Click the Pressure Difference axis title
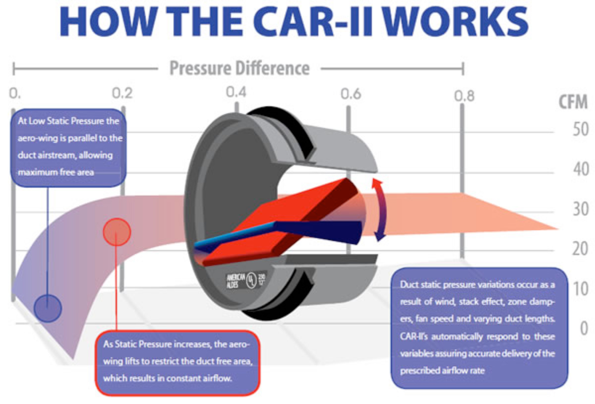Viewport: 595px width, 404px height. (x=239, y=67)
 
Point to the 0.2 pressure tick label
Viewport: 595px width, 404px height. (x=122, y=93)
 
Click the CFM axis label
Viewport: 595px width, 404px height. (x=573, y=102)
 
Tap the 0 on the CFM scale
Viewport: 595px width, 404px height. (x=583, y=328)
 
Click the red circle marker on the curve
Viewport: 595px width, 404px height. (x=116, y=231)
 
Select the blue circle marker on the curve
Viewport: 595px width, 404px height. (x=48, y=308)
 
